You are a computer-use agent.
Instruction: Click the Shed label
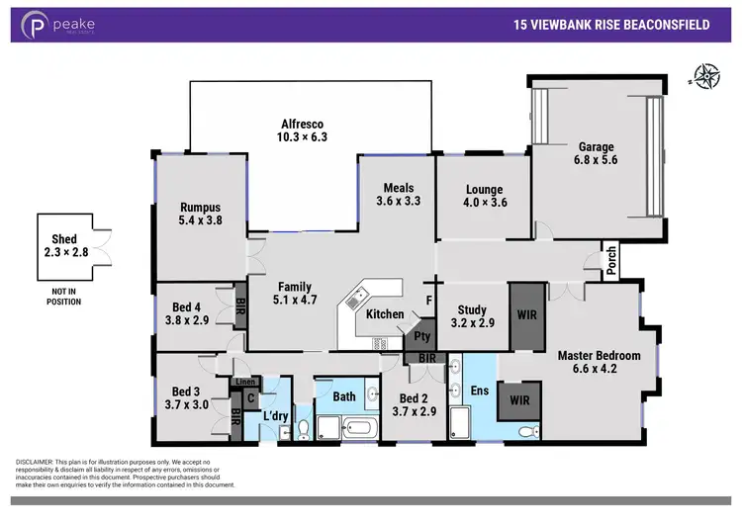(x=64, y=239)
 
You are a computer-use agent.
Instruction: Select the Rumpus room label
(x=200, y=207)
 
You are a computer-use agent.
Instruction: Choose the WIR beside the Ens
(x=514, y=402)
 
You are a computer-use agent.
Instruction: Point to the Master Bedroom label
(x=599, y=355)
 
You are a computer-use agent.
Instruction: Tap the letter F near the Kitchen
(x=427, y=298)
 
